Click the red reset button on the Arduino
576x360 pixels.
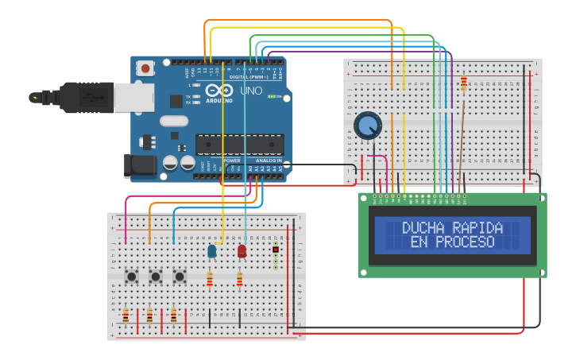click(145, 68)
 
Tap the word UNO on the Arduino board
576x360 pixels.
click(251, 91)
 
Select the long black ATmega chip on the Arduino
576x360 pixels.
click(239, 145)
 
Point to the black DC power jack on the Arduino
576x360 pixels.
click(141, 165)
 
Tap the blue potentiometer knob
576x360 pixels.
click(367, 126)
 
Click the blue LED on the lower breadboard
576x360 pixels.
click(212, 251)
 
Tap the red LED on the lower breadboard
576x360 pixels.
click(242, 251)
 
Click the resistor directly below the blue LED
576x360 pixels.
click(210, 279)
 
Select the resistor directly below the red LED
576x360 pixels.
click(239, 280)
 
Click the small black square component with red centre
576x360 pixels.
click(275, 250)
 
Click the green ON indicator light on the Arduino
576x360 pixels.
click(273, 97)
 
